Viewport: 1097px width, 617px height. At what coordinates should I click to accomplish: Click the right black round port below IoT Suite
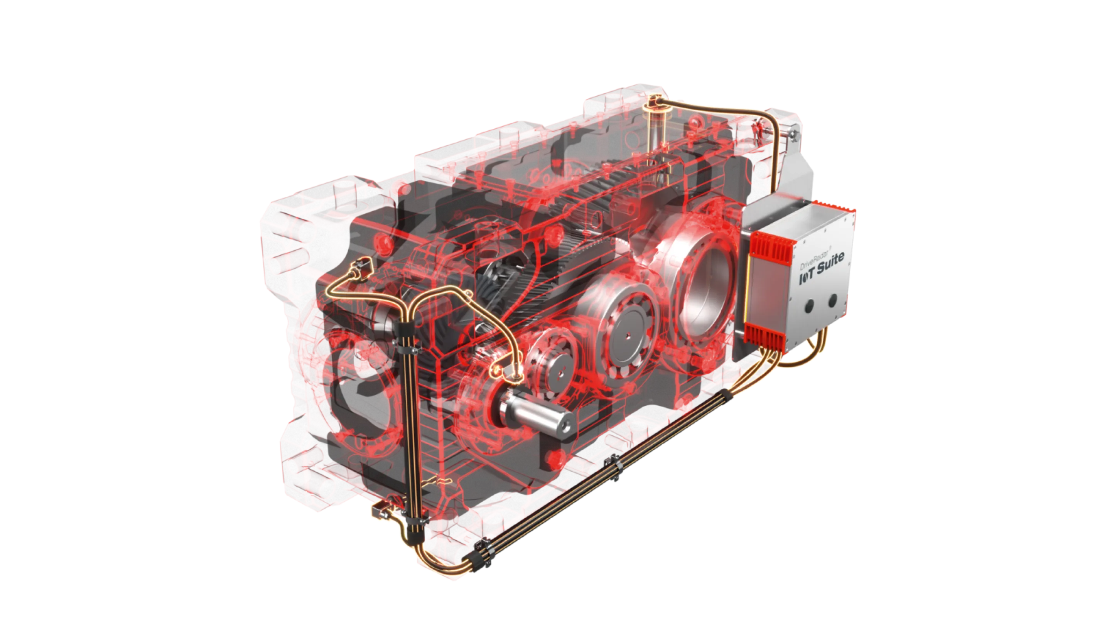click(x=832, y=301)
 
